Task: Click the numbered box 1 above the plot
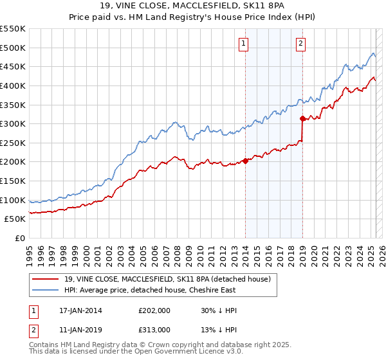pyautogui.click(x=244, y=44)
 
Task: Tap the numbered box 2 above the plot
pyautogui.click(x=300, y=44)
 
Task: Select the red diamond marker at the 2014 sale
pyautogui.click(x=245, y=161)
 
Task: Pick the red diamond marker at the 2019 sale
pyautogui.click(x=302, y=118)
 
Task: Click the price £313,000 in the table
pyautogui.click(x=154, y=329)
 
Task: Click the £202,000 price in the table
pyautogui.click(x=154, y=310)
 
